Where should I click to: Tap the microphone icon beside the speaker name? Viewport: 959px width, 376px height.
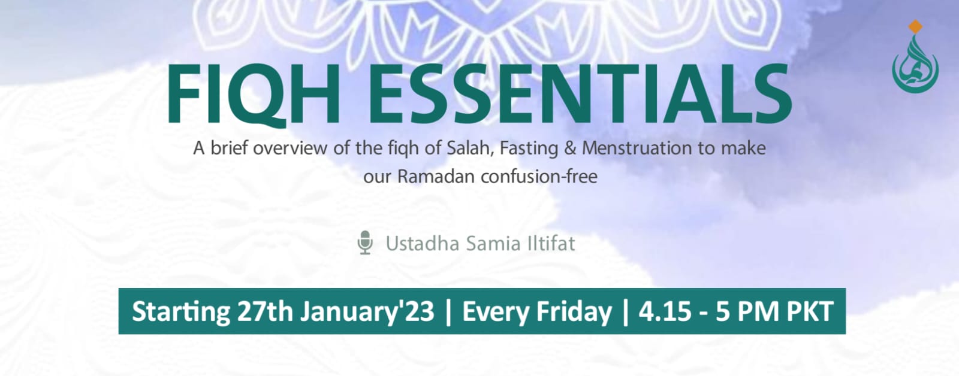click(364, 244)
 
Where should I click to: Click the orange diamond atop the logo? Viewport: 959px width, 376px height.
click(915, 26)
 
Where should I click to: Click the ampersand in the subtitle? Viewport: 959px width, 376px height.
click(570, 148)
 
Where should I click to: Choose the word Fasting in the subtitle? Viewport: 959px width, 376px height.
click(530, 148)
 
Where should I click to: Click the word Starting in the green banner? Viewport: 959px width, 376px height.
click(180, 312)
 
